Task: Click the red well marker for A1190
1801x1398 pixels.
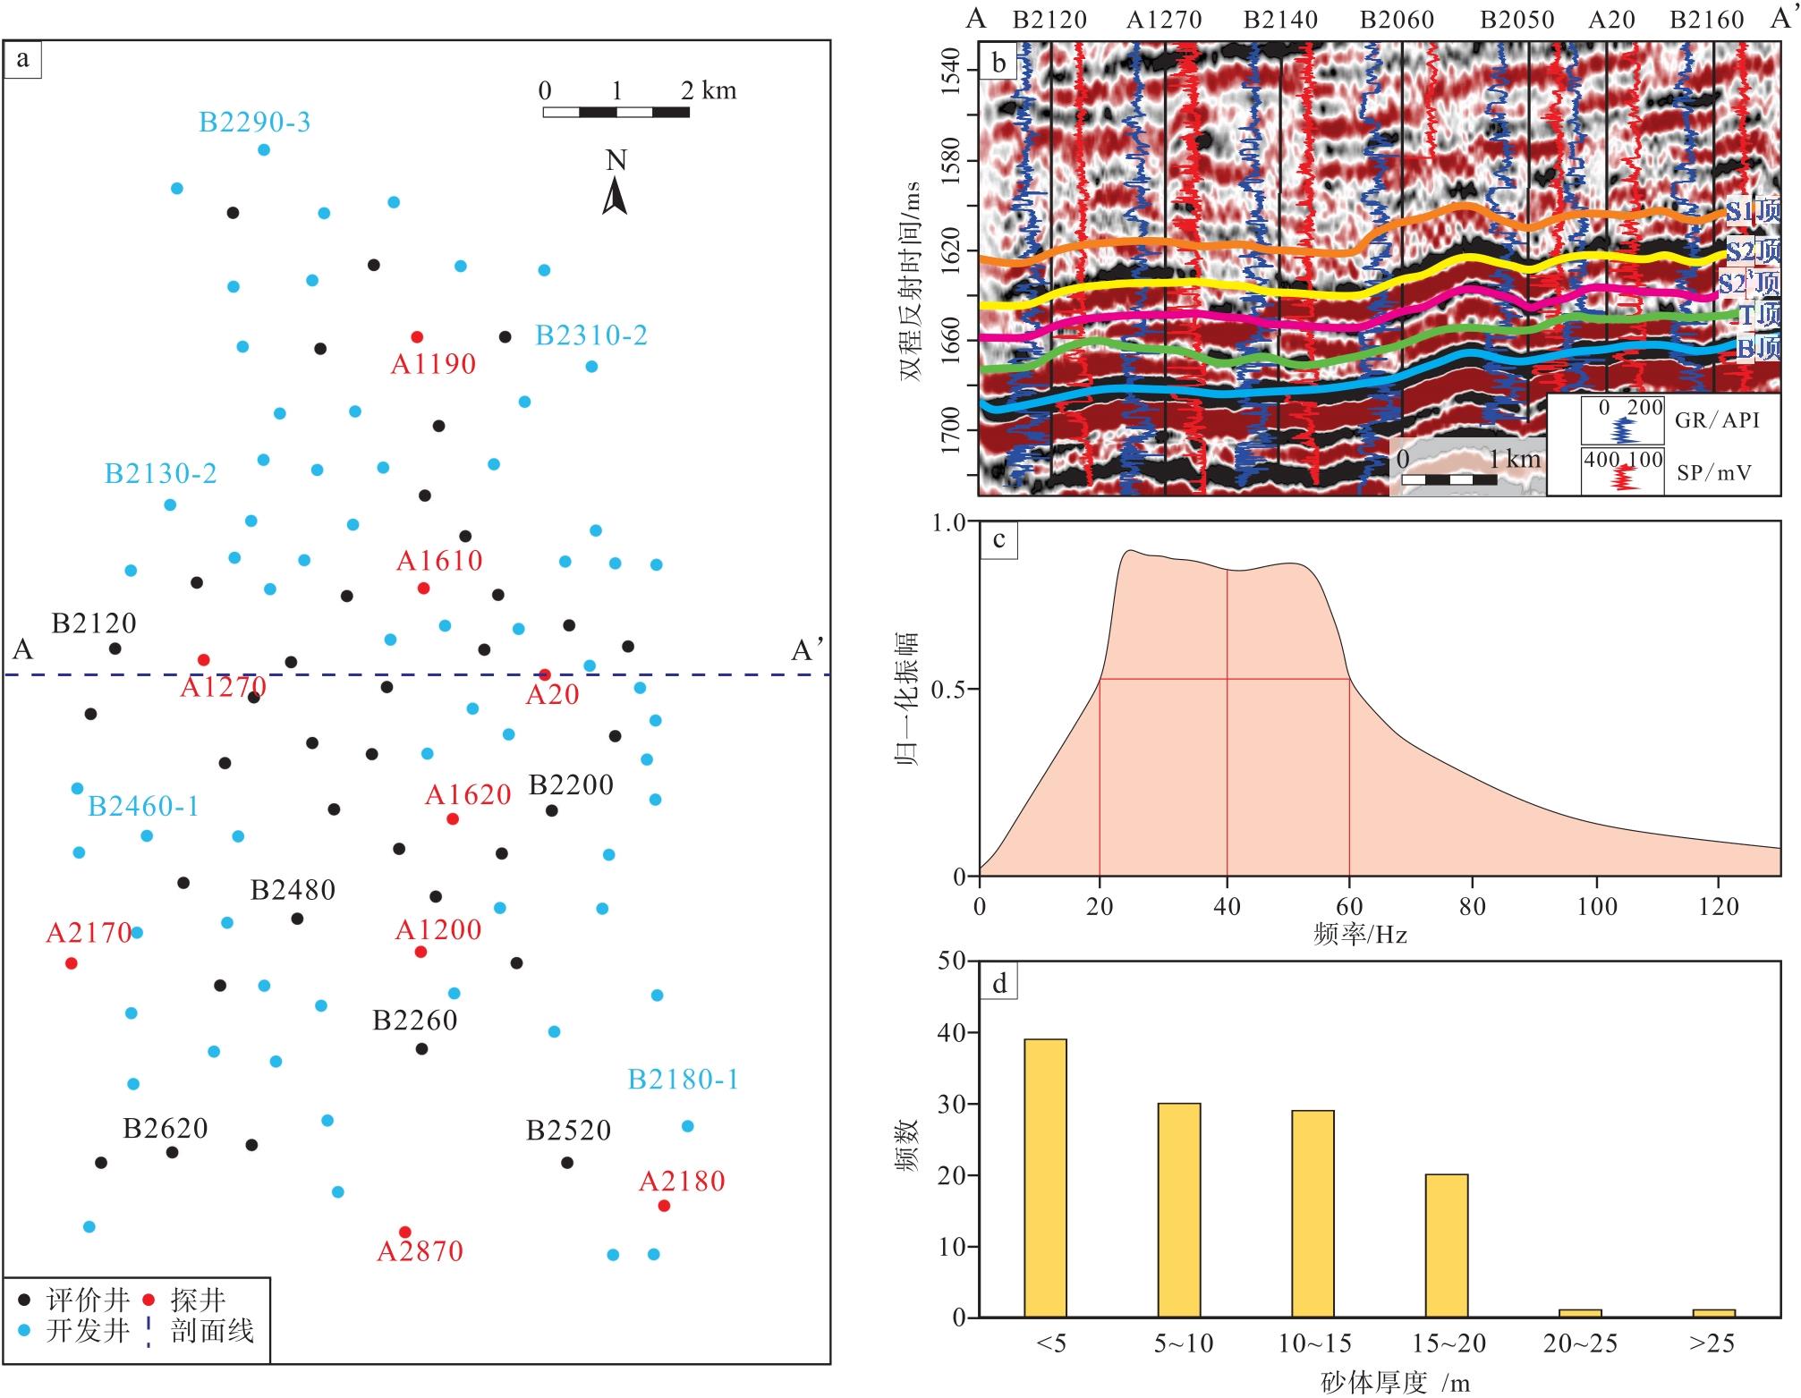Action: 416,337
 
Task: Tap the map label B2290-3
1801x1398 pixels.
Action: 254,122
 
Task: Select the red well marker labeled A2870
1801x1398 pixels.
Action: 404,1232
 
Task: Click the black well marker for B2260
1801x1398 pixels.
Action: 421,1048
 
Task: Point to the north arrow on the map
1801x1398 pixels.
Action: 615,195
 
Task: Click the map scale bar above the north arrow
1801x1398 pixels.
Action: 616,113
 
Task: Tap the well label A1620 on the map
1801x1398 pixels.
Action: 468,795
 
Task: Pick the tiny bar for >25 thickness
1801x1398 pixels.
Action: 1712,1313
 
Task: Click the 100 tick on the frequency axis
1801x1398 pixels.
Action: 1597,907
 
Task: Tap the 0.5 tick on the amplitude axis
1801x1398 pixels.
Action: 949,690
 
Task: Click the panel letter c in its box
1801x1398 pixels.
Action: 998,539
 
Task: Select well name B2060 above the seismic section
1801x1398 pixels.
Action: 1397,20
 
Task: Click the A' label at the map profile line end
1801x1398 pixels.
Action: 807,650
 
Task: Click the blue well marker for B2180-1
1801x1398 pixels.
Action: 687,1126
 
